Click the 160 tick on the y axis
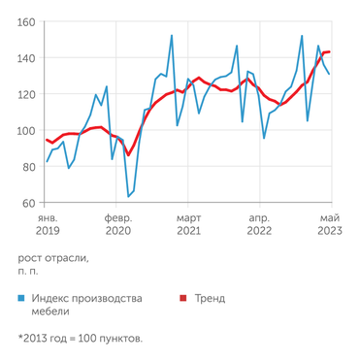(x=26, y=21)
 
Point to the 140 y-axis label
(x=26, y=58)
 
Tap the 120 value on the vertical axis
(x=26, y=94)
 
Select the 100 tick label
(x=26, y=131)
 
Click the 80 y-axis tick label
(x=28, y=167)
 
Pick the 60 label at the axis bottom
(x=28, y=204)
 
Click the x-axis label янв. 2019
(x=48, y=224)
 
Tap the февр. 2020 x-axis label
(x=118, y=224)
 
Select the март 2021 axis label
(x=188, y=224)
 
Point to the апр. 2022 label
(x=259, y=224)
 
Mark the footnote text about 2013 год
(x=81, y=339)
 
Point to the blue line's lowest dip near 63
(x=129, y=197)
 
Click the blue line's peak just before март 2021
(x=172, y=36)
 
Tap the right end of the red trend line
(x=330, y=51)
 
